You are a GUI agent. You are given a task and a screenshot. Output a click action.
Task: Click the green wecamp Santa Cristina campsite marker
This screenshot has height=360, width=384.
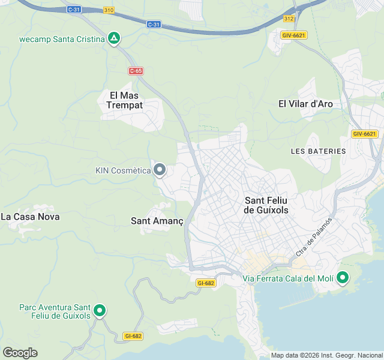point(114,39)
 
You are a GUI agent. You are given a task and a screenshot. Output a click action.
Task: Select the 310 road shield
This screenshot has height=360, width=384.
point(109,10)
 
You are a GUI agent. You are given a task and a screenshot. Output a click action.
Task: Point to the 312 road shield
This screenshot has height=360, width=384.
point(289,19)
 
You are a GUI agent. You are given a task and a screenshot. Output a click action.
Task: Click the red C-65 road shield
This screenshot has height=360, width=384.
point(136,71)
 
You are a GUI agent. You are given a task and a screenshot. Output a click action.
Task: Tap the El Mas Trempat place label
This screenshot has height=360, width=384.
point(125,100)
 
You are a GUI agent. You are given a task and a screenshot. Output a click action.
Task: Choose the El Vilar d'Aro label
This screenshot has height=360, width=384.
point(305,104)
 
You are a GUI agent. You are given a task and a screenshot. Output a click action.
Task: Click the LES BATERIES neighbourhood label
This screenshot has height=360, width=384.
point(318,151)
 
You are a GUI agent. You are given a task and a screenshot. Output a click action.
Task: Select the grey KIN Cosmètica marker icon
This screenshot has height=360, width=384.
point(160,170)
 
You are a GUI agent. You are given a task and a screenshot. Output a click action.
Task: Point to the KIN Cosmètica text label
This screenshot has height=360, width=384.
point(122,170)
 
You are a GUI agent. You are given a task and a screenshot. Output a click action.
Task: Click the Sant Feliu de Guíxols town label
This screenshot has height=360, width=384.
point(266,205)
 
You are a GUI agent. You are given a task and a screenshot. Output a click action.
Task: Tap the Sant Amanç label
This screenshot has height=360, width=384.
point(157,221)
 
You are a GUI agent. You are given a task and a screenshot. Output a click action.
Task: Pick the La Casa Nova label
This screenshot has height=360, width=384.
point(31,217)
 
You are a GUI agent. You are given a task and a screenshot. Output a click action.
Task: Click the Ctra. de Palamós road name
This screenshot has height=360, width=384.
point(314,238)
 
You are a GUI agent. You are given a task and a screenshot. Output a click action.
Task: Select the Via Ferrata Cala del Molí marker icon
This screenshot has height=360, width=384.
point(343,278)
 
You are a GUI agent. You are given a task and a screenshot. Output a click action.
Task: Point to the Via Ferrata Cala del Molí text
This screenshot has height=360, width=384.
point(287,278)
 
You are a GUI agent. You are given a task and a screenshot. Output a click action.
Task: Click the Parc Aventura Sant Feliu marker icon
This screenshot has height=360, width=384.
point(100,311)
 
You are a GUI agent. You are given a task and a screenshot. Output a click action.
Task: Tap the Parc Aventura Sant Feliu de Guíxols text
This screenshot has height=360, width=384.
point(55,311)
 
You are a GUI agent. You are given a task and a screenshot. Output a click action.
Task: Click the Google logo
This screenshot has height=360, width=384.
point(20,353)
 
